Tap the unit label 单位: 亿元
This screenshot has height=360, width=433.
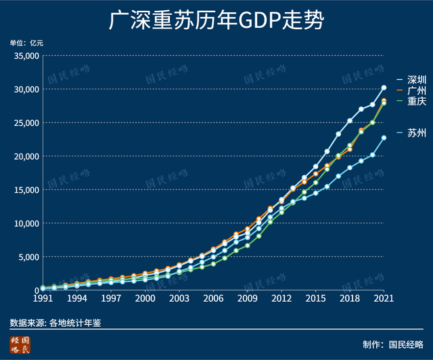click(x=26, y=43)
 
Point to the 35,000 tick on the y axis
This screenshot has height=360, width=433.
click(x=27, y=55)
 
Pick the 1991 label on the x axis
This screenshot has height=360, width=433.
click(x=43, y=298)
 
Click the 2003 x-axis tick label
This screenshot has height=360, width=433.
click(x=179, y=298)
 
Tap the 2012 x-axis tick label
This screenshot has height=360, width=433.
click(x=281, y=298)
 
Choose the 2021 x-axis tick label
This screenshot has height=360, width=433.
click(x=384, y=298)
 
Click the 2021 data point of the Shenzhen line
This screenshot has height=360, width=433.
click(x=384, y=87)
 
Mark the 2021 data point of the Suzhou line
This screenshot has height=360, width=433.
click(x=384, y=137)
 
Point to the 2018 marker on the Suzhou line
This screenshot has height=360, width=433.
click(x=350, y=167)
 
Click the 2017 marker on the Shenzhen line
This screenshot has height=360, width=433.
click(x=338, y=134)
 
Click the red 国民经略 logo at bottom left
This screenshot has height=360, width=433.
click(x=20, y=344)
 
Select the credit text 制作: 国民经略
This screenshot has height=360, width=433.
click(x=392, y=344)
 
